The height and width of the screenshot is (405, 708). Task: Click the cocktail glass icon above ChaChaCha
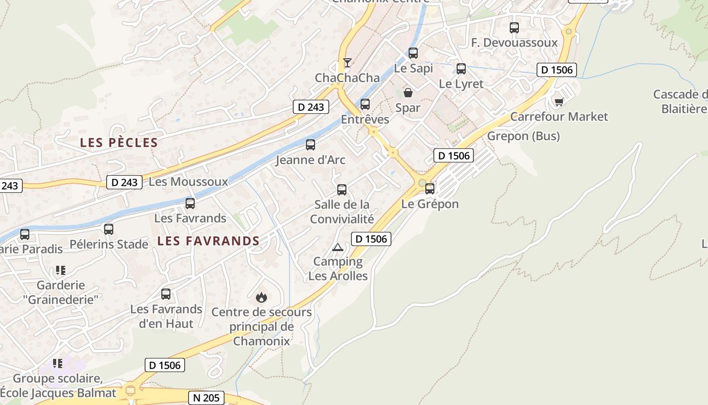pos(347,63)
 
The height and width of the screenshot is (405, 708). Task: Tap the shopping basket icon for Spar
pos(408,93)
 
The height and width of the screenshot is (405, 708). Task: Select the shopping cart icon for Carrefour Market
pos(559,102)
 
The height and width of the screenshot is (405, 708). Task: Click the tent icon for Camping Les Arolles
pos(337,248)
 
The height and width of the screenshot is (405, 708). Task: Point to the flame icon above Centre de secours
pos(261,297)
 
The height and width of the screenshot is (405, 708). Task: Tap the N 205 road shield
pos(207,398)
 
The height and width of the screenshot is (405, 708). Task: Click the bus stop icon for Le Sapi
pos(413,53)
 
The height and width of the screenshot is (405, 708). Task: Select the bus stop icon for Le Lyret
pos(461,69)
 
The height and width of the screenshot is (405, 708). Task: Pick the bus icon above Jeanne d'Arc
pos(311,145)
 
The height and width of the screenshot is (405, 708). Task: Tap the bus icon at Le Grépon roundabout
pos(430,189)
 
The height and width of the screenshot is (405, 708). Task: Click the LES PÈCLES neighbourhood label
pos(119,143)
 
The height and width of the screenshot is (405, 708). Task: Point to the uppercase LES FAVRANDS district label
pos(208,241)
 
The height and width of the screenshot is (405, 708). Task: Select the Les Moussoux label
pos(189,181)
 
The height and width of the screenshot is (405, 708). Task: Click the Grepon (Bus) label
pos(523,136)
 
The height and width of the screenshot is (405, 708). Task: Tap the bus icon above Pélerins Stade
pos(109,229)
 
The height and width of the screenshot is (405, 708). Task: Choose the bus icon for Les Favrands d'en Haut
pos(166,294)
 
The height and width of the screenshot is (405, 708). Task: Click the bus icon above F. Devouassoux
pos(514,28)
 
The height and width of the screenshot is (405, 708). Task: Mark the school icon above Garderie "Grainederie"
pos(60,270)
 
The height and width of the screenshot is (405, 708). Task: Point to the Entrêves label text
pos(365,119)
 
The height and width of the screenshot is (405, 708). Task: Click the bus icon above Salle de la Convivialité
pos(342,190)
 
